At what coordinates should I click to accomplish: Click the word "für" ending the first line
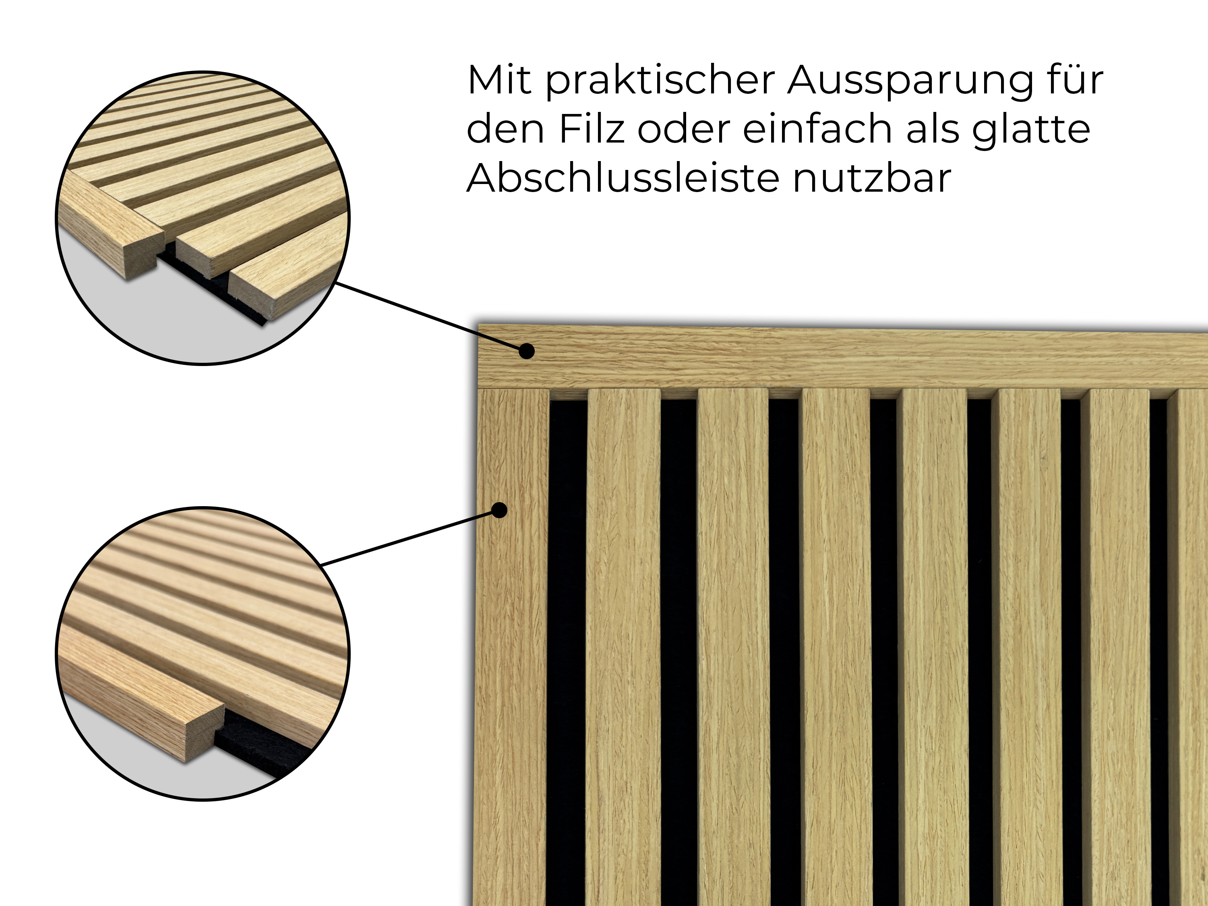click(x=1075, y=80)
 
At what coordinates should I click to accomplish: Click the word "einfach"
click(x=817, y=128)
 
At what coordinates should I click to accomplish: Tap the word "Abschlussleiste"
click(x=623, y=178)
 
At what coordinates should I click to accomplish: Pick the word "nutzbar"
click(x=872, y=178)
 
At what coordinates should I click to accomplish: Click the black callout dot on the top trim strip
click(x=526, y=351)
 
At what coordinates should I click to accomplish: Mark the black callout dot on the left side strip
click(x=499, y=510)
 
